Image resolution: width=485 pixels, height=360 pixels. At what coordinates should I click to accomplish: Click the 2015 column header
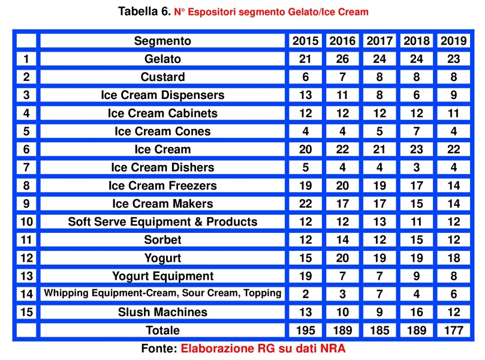306,41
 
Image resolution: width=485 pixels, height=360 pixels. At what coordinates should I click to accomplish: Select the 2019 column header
454,41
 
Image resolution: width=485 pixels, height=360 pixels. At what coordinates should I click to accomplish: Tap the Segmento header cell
162,41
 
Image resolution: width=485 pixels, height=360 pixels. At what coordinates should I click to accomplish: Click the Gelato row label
162,59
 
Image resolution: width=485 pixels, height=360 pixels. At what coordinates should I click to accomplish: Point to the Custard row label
162,77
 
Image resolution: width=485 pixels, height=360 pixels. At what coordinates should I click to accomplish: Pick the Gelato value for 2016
342,59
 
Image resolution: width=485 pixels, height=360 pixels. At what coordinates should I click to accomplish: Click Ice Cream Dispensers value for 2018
417,95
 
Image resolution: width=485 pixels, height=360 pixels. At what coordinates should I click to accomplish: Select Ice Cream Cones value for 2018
417,131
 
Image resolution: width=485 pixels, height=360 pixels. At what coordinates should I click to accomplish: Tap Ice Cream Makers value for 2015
306,203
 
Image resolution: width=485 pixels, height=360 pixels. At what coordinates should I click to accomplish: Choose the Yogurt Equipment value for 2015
306,276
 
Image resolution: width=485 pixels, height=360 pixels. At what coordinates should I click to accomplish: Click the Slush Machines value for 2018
417,312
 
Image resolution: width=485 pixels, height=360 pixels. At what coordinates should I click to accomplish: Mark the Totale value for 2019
454,330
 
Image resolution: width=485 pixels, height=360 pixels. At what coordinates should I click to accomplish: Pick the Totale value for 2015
306,330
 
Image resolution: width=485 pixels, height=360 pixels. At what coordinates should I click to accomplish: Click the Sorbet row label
162,240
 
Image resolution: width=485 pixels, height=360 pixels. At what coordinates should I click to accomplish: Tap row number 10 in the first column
26,221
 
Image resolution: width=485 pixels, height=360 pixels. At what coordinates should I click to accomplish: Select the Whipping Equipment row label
162,293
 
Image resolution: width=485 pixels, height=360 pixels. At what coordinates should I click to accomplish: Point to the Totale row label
162,330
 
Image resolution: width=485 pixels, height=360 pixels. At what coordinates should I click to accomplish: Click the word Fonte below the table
159,348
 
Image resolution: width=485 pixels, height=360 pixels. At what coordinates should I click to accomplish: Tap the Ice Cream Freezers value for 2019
454,185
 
